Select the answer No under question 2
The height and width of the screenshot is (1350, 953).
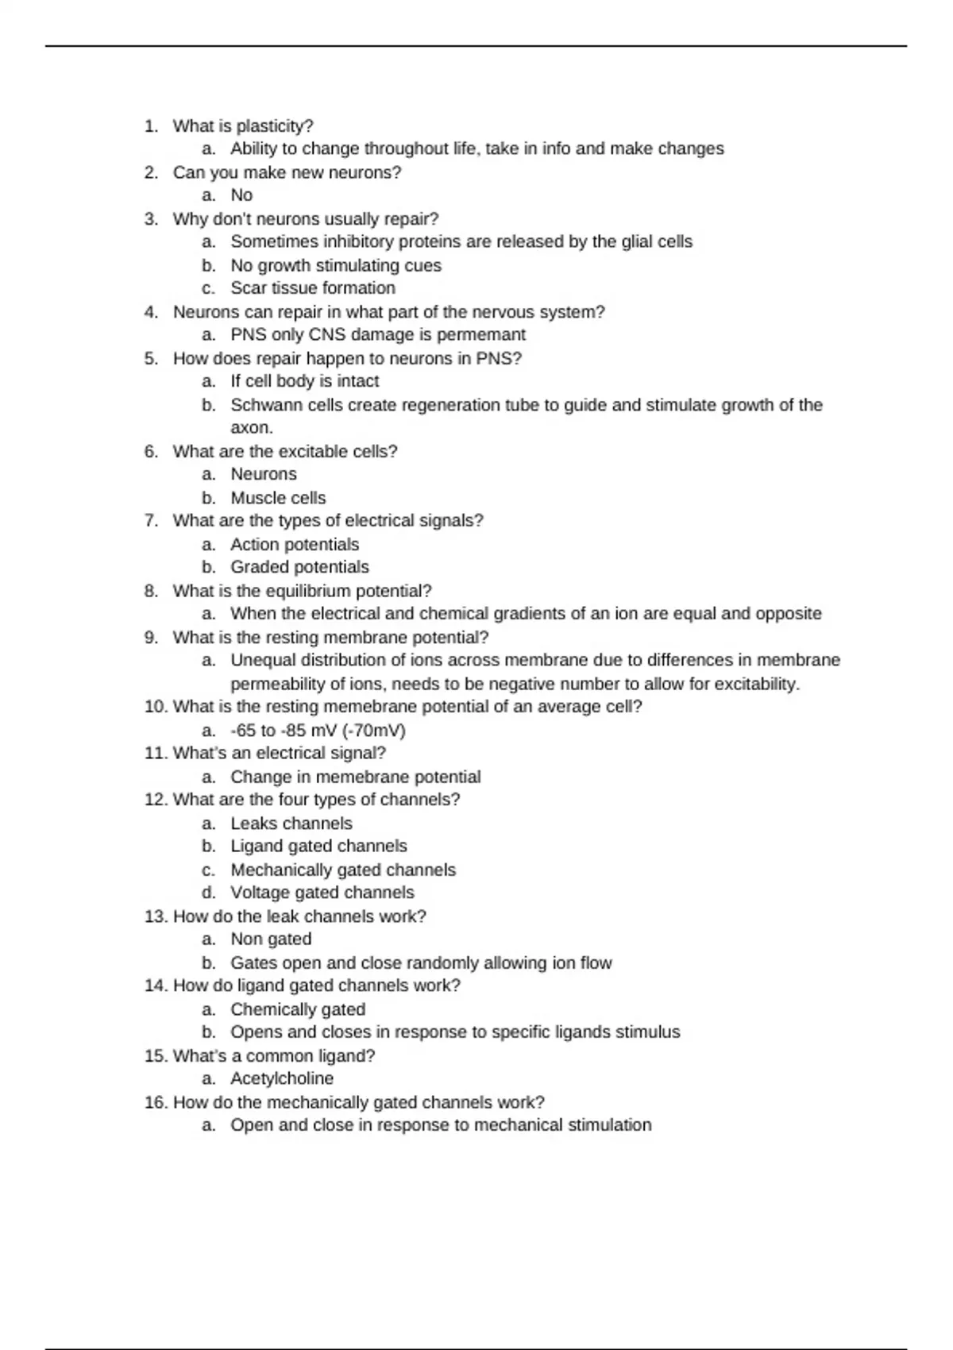pyautogui.click(x=241, y=195)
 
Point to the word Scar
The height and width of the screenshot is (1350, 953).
pyautogui.click(x=248, y=288)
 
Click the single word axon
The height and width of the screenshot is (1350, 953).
pyautogui.click(x=250, y=428)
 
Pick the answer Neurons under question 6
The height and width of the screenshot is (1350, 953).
pyautogui.click(x=264, y=474)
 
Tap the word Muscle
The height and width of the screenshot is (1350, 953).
pyautogui.click(x=256, y=498)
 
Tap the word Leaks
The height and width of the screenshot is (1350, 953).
pyautogui.click(x=254, y=823)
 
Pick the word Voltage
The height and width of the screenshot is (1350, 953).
pyautogui.click(x=260, y=893)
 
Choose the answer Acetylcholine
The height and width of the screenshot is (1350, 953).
pyautogui.click(x=282, y=1078)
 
